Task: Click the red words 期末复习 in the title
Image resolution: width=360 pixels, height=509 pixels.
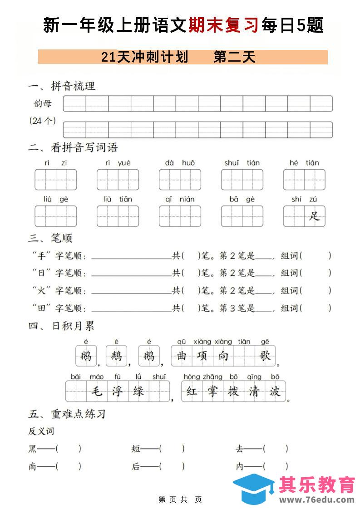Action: click(224, 25)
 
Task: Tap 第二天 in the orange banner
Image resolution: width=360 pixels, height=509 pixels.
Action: click(234, 57)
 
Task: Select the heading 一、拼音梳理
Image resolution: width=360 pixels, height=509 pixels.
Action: click(62, 86)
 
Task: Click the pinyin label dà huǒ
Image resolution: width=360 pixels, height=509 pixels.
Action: click(180, 163)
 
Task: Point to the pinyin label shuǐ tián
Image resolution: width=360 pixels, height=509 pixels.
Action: click(242, 163)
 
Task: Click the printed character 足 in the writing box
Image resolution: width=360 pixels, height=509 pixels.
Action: click(315, 216)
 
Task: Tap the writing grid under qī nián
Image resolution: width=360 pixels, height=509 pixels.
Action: click(180, 216)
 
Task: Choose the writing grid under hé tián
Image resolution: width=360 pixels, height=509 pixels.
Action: click(304, 180)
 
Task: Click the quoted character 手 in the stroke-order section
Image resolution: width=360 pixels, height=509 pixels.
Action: click(42, 256)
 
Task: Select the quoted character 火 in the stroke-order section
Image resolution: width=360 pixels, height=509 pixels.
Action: click(42, 291)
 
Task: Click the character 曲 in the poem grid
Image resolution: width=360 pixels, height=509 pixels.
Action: click(182, 356)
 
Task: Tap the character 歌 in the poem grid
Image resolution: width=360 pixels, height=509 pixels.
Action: click(265, 356)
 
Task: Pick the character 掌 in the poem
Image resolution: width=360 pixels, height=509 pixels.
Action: click(212, 391)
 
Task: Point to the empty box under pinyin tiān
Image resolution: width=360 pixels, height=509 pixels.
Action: click(244, 356)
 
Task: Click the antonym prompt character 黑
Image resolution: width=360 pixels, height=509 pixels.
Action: click(33, 449)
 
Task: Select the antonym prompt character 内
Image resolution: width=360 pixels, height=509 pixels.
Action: click(240, 466)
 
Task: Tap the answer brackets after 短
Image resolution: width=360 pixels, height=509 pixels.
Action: click(172, 449)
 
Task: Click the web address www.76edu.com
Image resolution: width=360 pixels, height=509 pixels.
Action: click(316, 500)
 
